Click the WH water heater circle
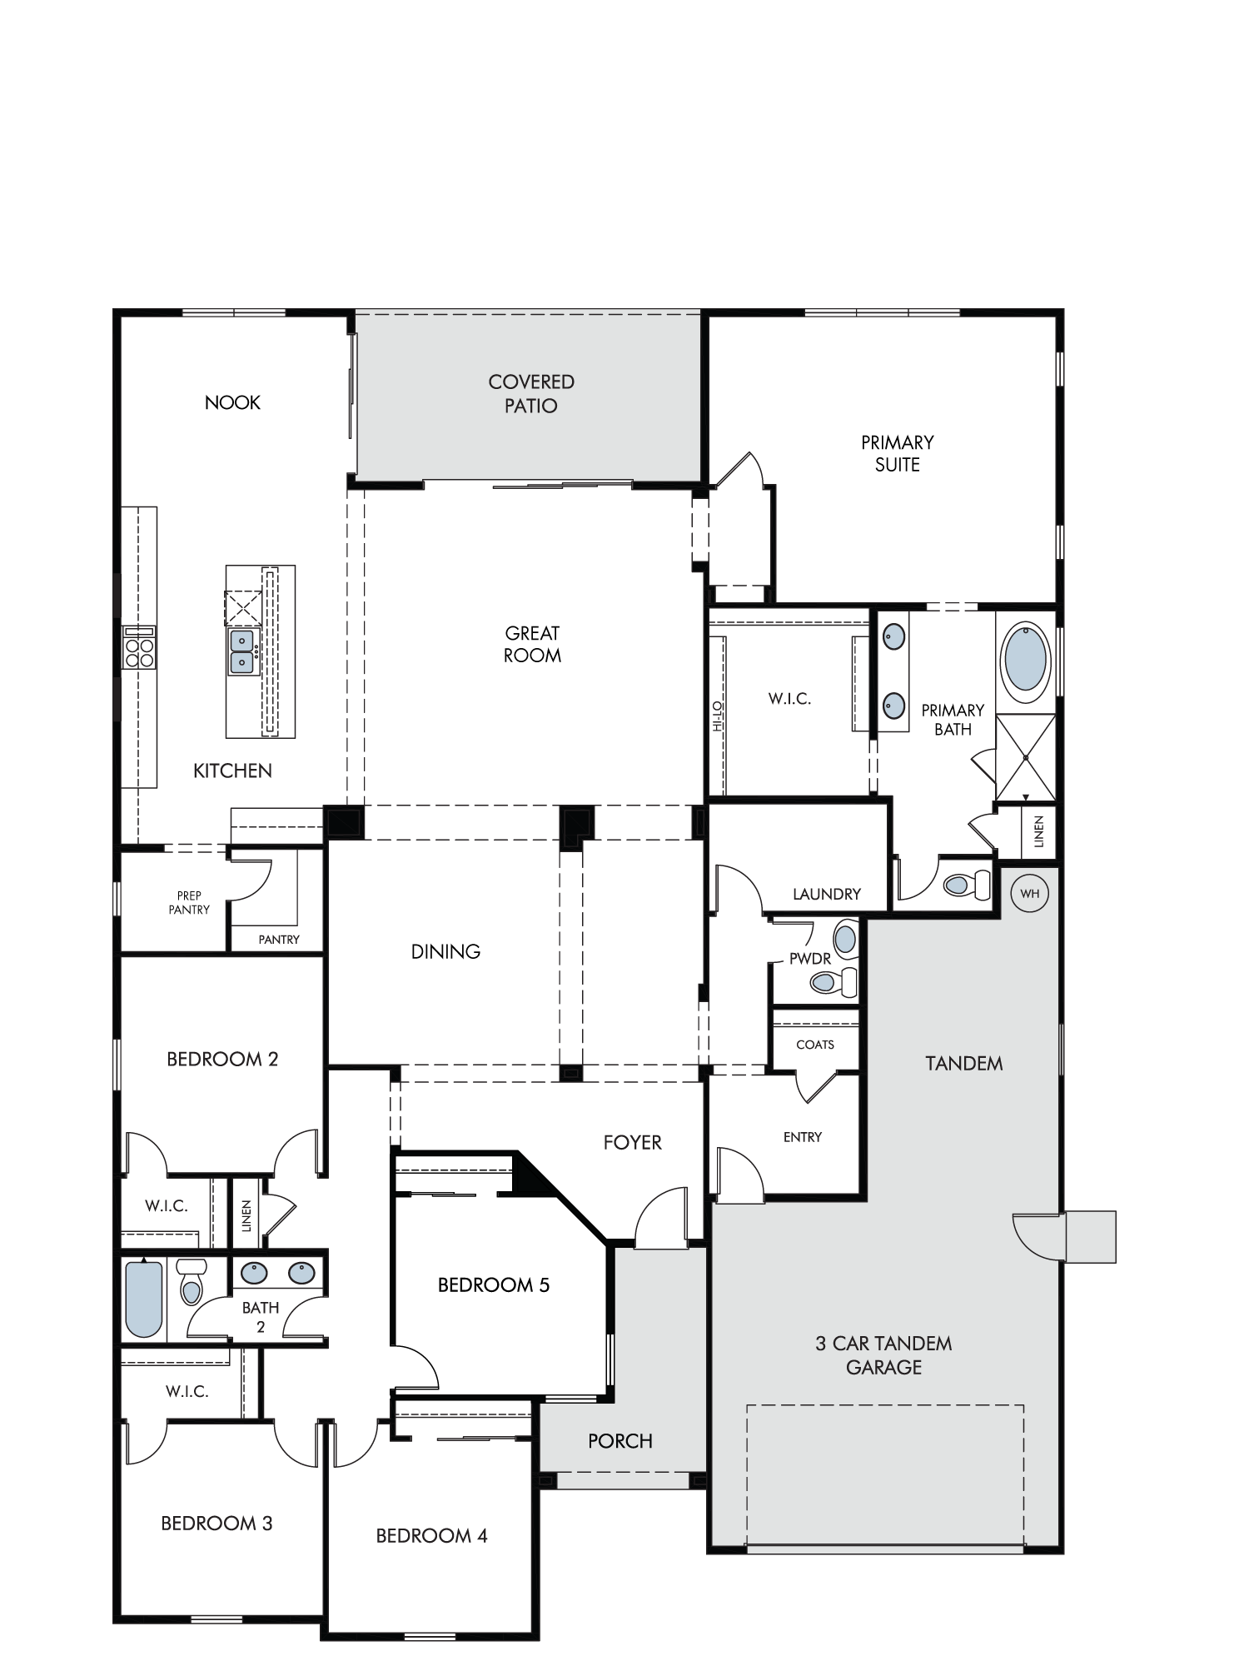1030,894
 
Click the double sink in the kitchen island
242,651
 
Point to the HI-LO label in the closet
718,716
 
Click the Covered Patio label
531,393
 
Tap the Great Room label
532,644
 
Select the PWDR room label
810,959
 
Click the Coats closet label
815,1045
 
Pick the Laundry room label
827,894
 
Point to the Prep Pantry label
189,903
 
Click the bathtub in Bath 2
143,1299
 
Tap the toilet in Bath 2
192,1283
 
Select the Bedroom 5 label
494,1284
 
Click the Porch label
620,1440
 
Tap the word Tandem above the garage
964,1063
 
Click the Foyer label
633,1142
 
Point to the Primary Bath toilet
970,884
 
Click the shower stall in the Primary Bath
1026,757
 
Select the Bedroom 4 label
431,1535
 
